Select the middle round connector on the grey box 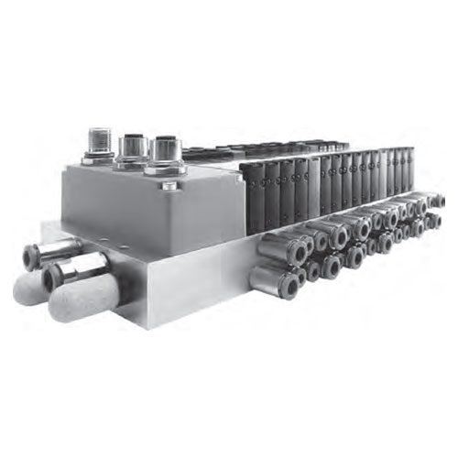coord(132,147)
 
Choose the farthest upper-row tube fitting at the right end coord(437,201)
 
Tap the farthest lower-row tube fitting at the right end coord(434,221)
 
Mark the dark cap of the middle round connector coord(132,141)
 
